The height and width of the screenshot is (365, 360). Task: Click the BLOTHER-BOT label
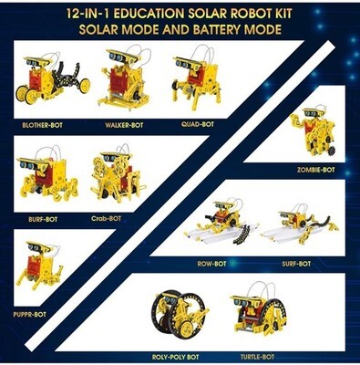coord(43,125)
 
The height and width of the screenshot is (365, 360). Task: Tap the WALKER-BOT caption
coord(124,125)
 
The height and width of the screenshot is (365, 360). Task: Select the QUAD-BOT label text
coord(198,124)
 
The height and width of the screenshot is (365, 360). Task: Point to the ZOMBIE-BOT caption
coord(316,170)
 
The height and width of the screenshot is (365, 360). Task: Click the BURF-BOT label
coord(43,219)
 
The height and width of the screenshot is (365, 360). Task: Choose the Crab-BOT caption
coord(106,218)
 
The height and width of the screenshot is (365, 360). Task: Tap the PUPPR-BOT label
coord(29,314)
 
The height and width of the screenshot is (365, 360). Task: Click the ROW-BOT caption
coord(211,264)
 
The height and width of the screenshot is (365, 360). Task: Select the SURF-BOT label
coord(296,264)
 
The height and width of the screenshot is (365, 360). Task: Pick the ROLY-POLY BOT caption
coord(175,357)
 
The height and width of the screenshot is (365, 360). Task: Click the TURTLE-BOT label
coord(257,357)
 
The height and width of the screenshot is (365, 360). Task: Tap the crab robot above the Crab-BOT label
coord(118,175)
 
